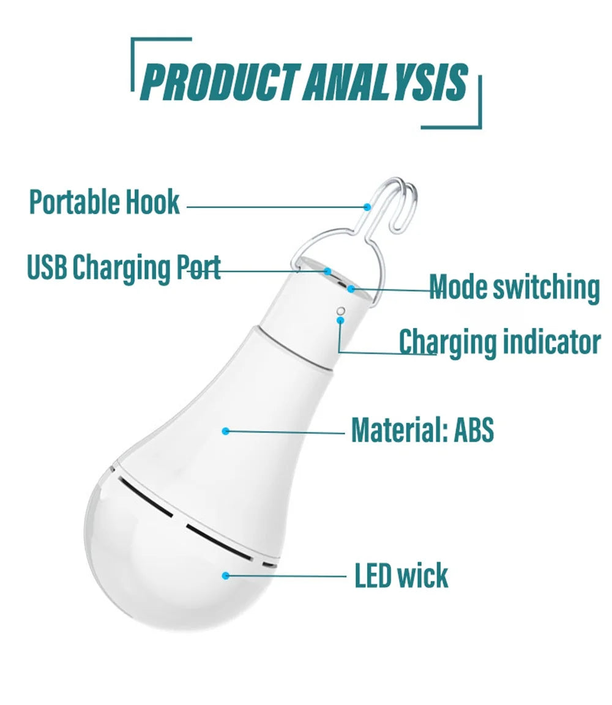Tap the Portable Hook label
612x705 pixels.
point(105,202)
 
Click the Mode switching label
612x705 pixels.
point(514,287)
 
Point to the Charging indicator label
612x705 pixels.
point(499,341)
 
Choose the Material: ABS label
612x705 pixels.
point(422,430)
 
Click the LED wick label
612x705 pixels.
point(401,575)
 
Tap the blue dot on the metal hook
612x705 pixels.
point(367,207)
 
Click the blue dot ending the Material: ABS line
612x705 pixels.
point(225,431)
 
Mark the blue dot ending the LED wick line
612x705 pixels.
point(225,575)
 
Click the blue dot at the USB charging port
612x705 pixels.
point(327,270)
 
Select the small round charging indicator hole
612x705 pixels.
point(341,310)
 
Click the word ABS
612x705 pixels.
point(473,430)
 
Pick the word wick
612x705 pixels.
point(422,575)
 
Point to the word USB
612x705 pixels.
point(47,268)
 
